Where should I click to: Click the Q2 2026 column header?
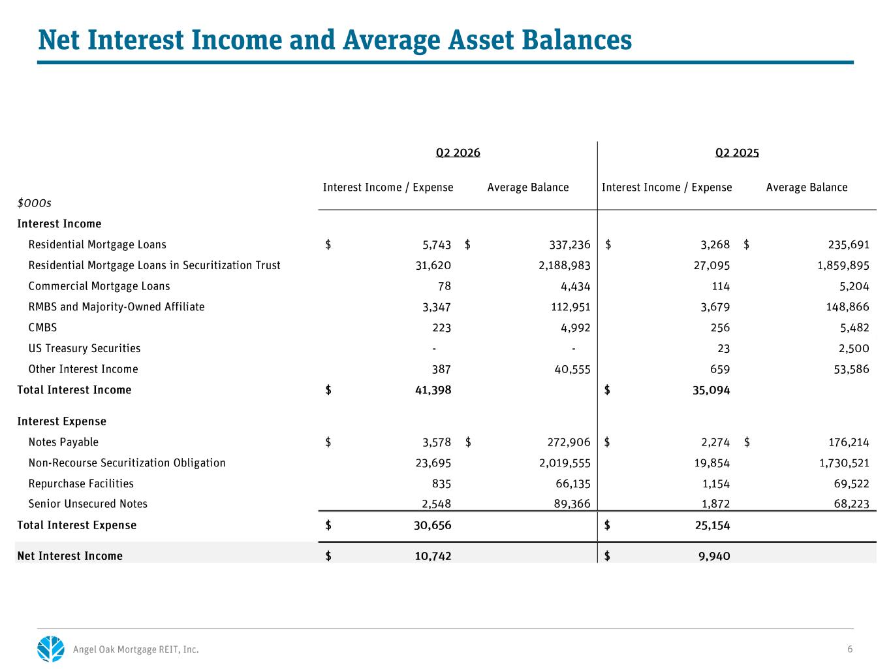[458, 153]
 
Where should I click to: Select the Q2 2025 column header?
[737, 153]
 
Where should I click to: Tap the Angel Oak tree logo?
[51, 648]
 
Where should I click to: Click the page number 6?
[850, 649]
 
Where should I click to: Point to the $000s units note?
[34, 203]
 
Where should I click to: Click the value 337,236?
[569, 244]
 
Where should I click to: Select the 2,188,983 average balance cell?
[564, 265]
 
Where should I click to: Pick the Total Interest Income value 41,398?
[433, 390]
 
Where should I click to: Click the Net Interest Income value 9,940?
[714, 556]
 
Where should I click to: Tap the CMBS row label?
[42, 327]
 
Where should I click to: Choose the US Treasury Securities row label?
[84, 348]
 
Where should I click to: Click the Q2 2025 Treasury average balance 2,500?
[854, 348]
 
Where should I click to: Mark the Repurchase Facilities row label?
[81, 483]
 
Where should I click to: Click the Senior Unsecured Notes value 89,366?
[572, 504]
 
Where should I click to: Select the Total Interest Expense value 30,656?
[432, 525]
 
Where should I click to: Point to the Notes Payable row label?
[63, 442]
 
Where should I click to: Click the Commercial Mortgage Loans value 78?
[445, 286]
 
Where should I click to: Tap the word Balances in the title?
[576, 40]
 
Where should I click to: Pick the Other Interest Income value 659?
[720, 369]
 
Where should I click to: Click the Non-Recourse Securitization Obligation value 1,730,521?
[844, 463]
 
